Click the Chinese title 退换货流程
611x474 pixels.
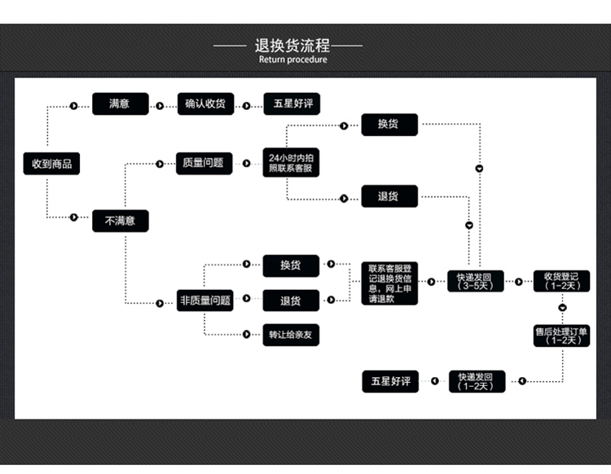click(292, 45)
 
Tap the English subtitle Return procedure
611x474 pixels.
click(292, 59)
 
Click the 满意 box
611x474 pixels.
click(120, 103)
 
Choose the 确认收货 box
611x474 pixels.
click(205, 103)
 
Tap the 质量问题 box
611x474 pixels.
click(204, 163)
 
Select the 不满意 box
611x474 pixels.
click(120, 220)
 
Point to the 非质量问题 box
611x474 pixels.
click(205, 301)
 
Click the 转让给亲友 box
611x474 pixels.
click(291, 334)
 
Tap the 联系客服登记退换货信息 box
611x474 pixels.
click(389, 283)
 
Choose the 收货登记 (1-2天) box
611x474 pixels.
click(562, 281)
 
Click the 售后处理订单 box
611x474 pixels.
click(562, 335)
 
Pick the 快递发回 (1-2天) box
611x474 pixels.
click(477, 381)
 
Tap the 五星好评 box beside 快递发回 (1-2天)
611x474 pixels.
click(390, 381)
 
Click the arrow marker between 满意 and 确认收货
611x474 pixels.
click(160, 104)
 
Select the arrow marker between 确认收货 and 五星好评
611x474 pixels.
click(247, 104)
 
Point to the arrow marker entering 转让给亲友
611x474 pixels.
click(245, 334)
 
